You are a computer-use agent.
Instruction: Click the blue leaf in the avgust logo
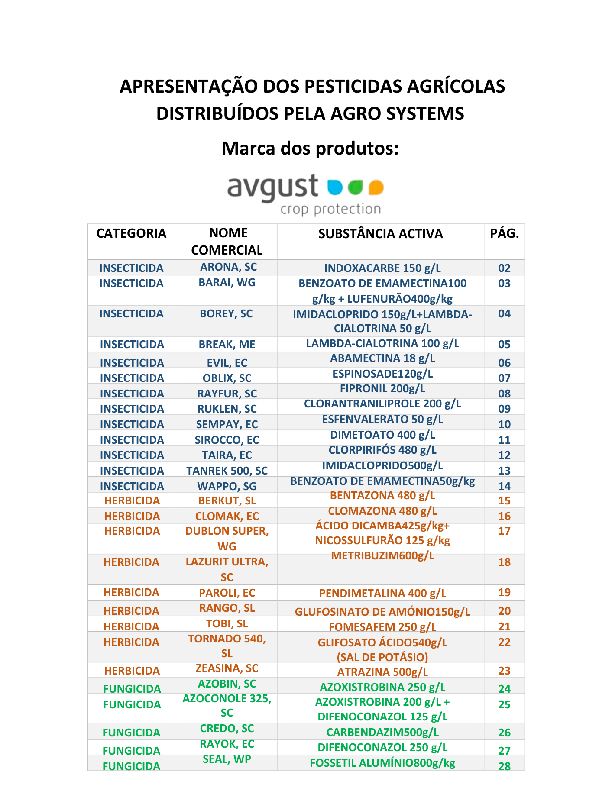pos(335,187)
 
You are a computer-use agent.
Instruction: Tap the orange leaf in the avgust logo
pos(376,187)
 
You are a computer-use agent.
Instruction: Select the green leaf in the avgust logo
pos(356,187)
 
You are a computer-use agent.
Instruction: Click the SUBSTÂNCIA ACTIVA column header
pos(380,234)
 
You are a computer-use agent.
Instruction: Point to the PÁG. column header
pos(504,234)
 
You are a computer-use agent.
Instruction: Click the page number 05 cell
pos(504,345)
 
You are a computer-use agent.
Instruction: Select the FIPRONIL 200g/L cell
pos(382,388)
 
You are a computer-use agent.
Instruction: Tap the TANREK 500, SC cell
pos(227,471)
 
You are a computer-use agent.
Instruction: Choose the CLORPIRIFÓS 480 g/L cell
pos(382,450)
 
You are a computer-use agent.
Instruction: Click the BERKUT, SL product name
pos(227,501)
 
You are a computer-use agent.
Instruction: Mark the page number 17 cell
pos(504,531)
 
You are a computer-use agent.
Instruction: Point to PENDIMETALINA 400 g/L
pos(382,593)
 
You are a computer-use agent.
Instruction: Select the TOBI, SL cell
pos(227,624)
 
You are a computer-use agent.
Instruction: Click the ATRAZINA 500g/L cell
pos(382,672)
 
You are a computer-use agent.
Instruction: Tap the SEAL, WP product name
pos(227,759)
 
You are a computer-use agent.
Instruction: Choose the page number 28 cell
pos(504,766)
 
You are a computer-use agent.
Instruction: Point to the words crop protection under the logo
pos(330,209)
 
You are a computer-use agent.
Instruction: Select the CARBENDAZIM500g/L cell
pos(382,732)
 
